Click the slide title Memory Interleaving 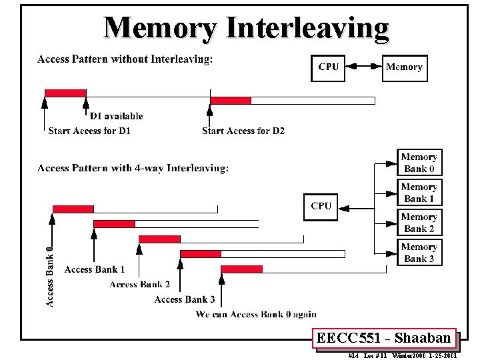point(246,28)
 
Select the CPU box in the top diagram point(328,67)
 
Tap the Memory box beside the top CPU point(404,67)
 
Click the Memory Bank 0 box point(419,163)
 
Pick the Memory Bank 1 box point(419,193)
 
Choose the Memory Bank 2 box point(419,223)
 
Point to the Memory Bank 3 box point(419,253)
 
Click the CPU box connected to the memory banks point(321,206)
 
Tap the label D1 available point(116,116)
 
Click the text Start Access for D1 point(89,131)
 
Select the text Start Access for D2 point(243,131)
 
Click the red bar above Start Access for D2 point(231,101)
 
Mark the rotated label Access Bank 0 point(49,275)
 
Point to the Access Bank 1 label point(94,269)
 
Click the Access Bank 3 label point(185,299)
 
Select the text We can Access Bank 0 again point(256,314)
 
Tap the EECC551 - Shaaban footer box point(385,338)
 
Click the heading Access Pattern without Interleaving point(125,59)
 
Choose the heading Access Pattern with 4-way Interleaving point(133,168)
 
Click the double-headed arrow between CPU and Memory point(364,67)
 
